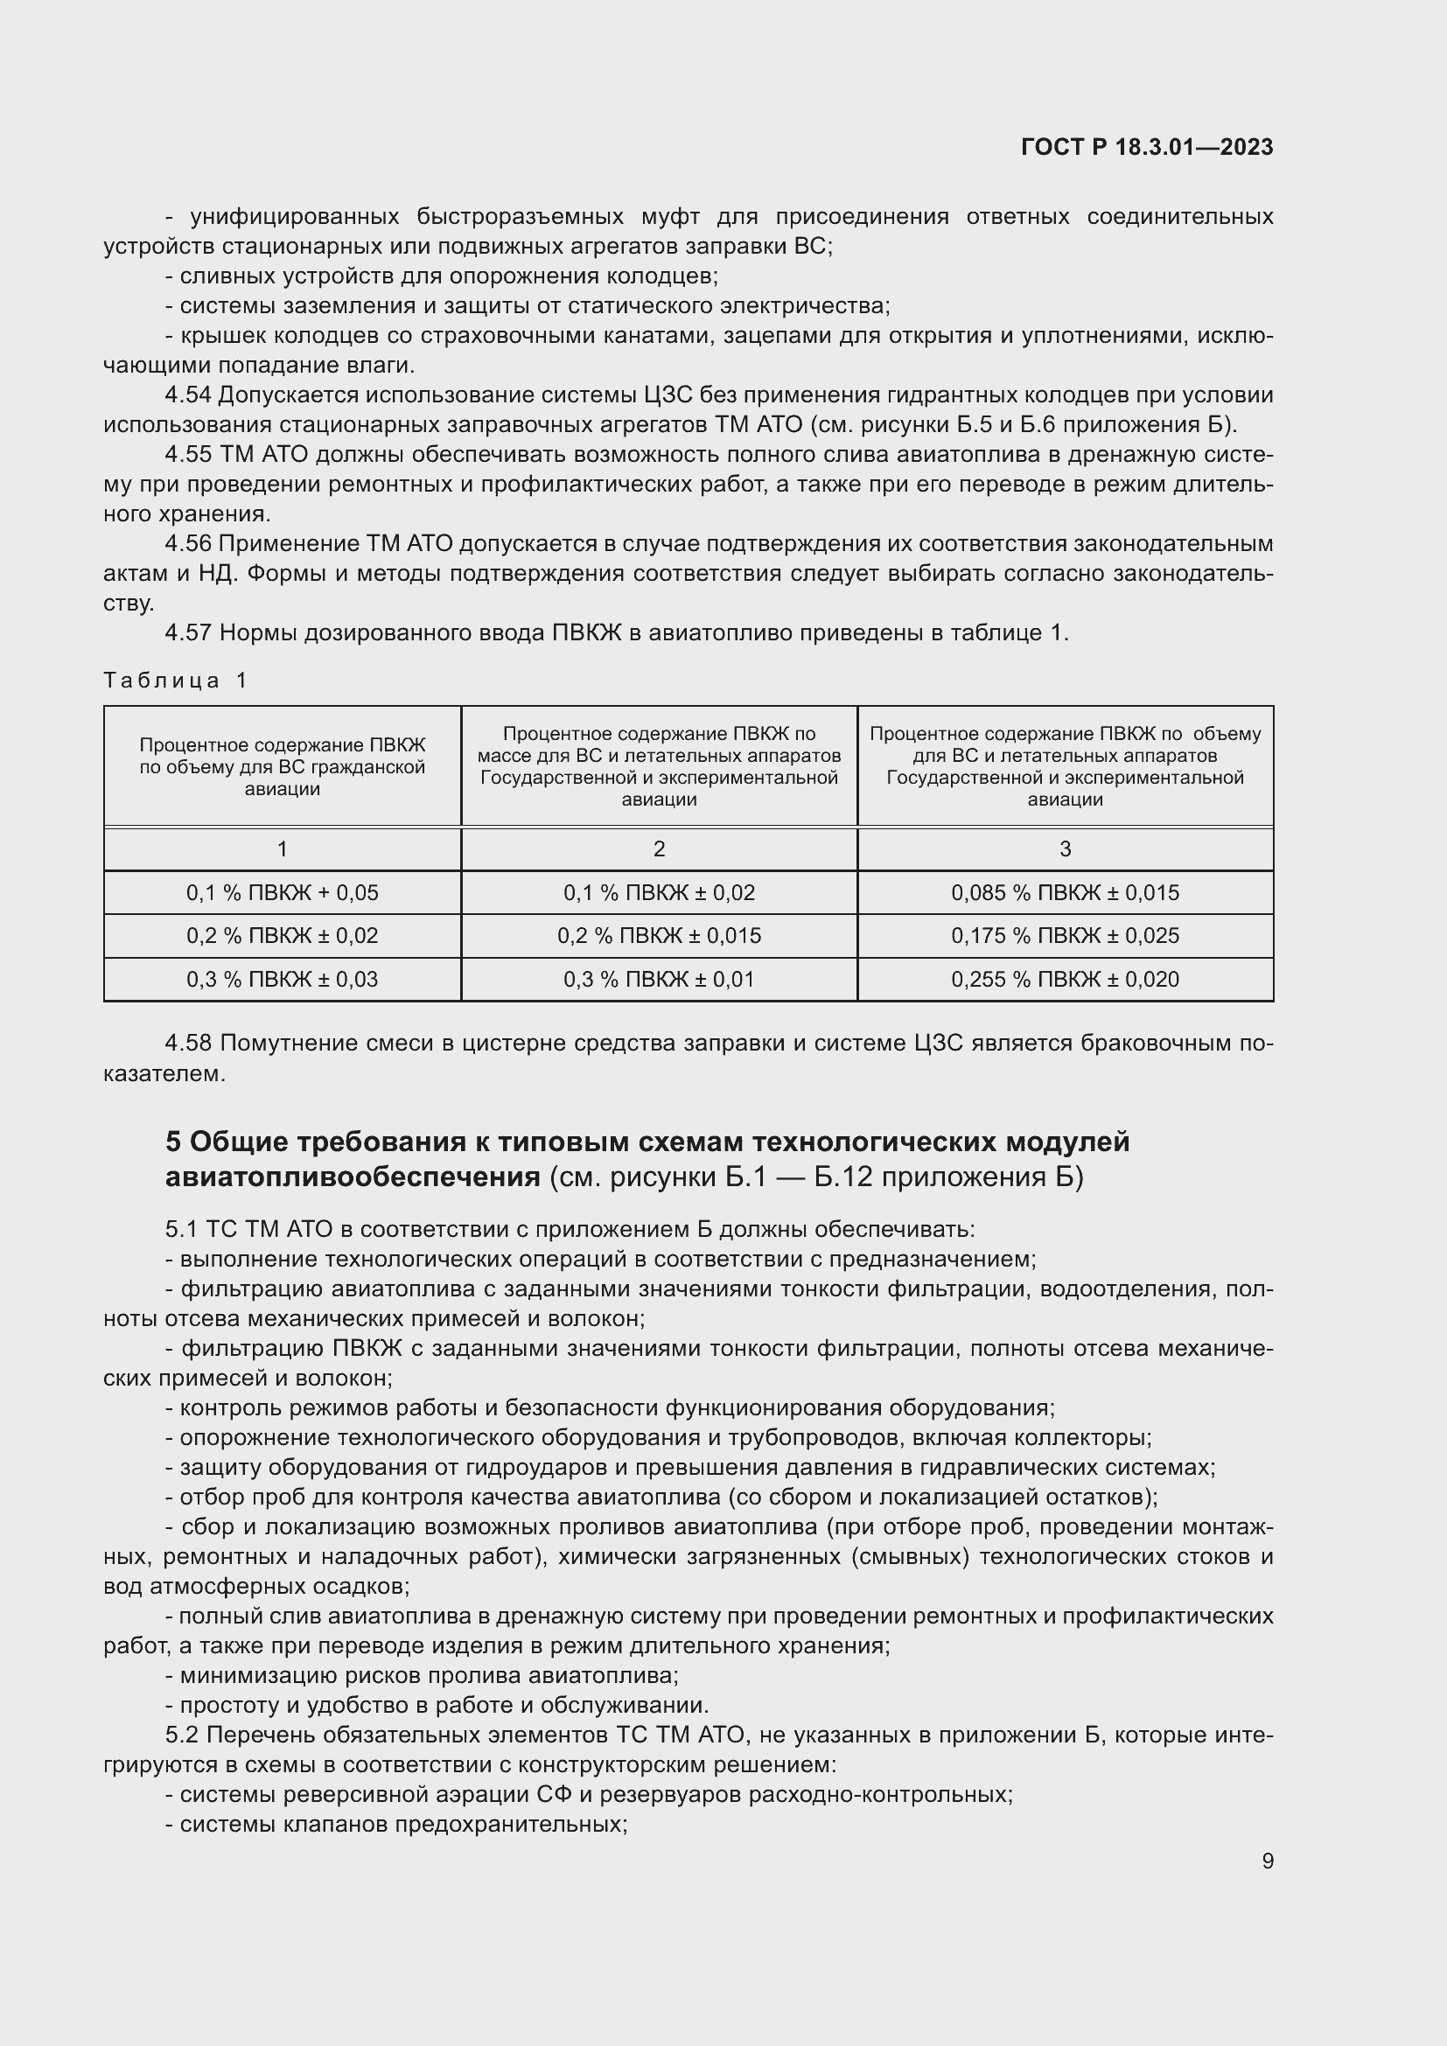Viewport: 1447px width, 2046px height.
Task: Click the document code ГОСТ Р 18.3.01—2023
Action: pos(1147,147)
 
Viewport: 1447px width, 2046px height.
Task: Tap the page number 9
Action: pos(1267,1861)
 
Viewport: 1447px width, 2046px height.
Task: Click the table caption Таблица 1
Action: pos(175,681)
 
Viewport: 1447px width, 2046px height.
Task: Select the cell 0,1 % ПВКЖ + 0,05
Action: pos(283,892)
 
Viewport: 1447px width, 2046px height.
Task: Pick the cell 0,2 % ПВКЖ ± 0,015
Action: pos(660,936)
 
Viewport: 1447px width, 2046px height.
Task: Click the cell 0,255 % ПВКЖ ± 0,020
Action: pos(1065,980)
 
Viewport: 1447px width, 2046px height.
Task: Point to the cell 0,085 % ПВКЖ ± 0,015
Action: pos(1065,892)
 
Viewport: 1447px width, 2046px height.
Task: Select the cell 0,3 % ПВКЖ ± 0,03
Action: pos(283,980)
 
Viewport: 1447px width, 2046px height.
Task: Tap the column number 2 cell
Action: pos(660,849)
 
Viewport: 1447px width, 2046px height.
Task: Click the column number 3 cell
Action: pos(1065,849)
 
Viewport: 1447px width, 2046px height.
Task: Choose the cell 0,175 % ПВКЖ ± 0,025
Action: pos(1065,936)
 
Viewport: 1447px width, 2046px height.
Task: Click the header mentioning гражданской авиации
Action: pos(283,766)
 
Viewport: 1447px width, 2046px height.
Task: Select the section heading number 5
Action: pos(174,1142)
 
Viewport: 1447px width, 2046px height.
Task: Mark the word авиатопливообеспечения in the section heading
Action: pos(352,1177)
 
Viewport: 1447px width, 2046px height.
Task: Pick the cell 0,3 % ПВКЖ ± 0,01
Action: pos(660,980)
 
